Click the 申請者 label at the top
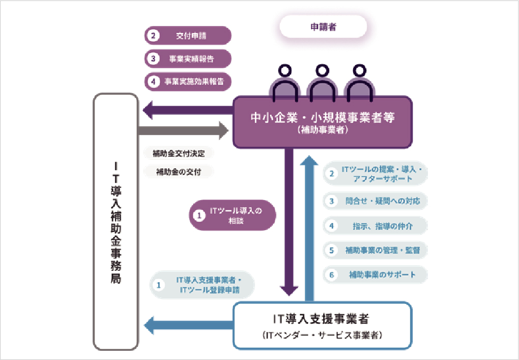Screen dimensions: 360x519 [x=323, y=26]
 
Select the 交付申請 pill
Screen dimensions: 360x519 [x=188, y=36]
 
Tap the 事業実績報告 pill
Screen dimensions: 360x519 [x=188, y=59]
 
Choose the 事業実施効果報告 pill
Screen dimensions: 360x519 [x=188, y=81]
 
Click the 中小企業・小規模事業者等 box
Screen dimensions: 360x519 [x=323, y=122]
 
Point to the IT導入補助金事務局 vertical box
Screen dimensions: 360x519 [x=116, y=221]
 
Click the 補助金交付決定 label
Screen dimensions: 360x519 [x=178, y=153]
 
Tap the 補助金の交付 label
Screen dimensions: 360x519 [x=178, y=172]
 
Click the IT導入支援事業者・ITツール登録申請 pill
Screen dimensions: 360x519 [x=203, y=285]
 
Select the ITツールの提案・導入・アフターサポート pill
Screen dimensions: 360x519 [x=376, y=174]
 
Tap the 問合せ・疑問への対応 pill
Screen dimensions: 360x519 [x=376, y=201]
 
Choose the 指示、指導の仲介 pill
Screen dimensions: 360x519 [x=376, y=226]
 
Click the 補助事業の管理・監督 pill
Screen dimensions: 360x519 [x=376, y=250]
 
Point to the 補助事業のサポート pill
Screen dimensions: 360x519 [x=376, y=275]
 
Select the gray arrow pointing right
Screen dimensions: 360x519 [x=183, y=130]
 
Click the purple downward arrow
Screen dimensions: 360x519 [x=290, y=219]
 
